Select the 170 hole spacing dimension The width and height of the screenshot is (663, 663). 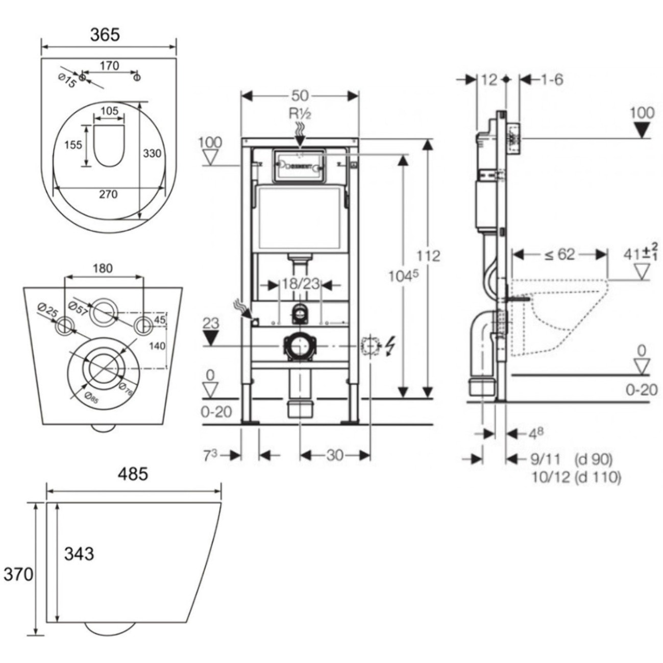point(109,65)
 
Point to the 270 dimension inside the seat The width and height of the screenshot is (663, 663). point(108,194)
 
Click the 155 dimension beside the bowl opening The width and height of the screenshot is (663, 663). point(73,145)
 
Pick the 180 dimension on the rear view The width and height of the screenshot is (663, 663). point(103,268)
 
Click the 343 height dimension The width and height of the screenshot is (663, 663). point(79,553)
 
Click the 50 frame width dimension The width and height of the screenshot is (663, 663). point(300,95)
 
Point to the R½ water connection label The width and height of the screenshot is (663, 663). point(300,113)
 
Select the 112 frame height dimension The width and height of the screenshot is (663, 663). point(428,255)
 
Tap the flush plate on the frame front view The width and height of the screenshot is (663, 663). point(299,165)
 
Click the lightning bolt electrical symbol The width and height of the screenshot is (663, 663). point(390,346)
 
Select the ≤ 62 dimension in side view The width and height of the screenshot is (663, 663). point(559,254)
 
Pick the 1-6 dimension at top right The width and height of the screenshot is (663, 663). point(551,80)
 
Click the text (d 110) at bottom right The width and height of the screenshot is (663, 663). point(598,478)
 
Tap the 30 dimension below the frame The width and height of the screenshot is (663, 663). point(335,455)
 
